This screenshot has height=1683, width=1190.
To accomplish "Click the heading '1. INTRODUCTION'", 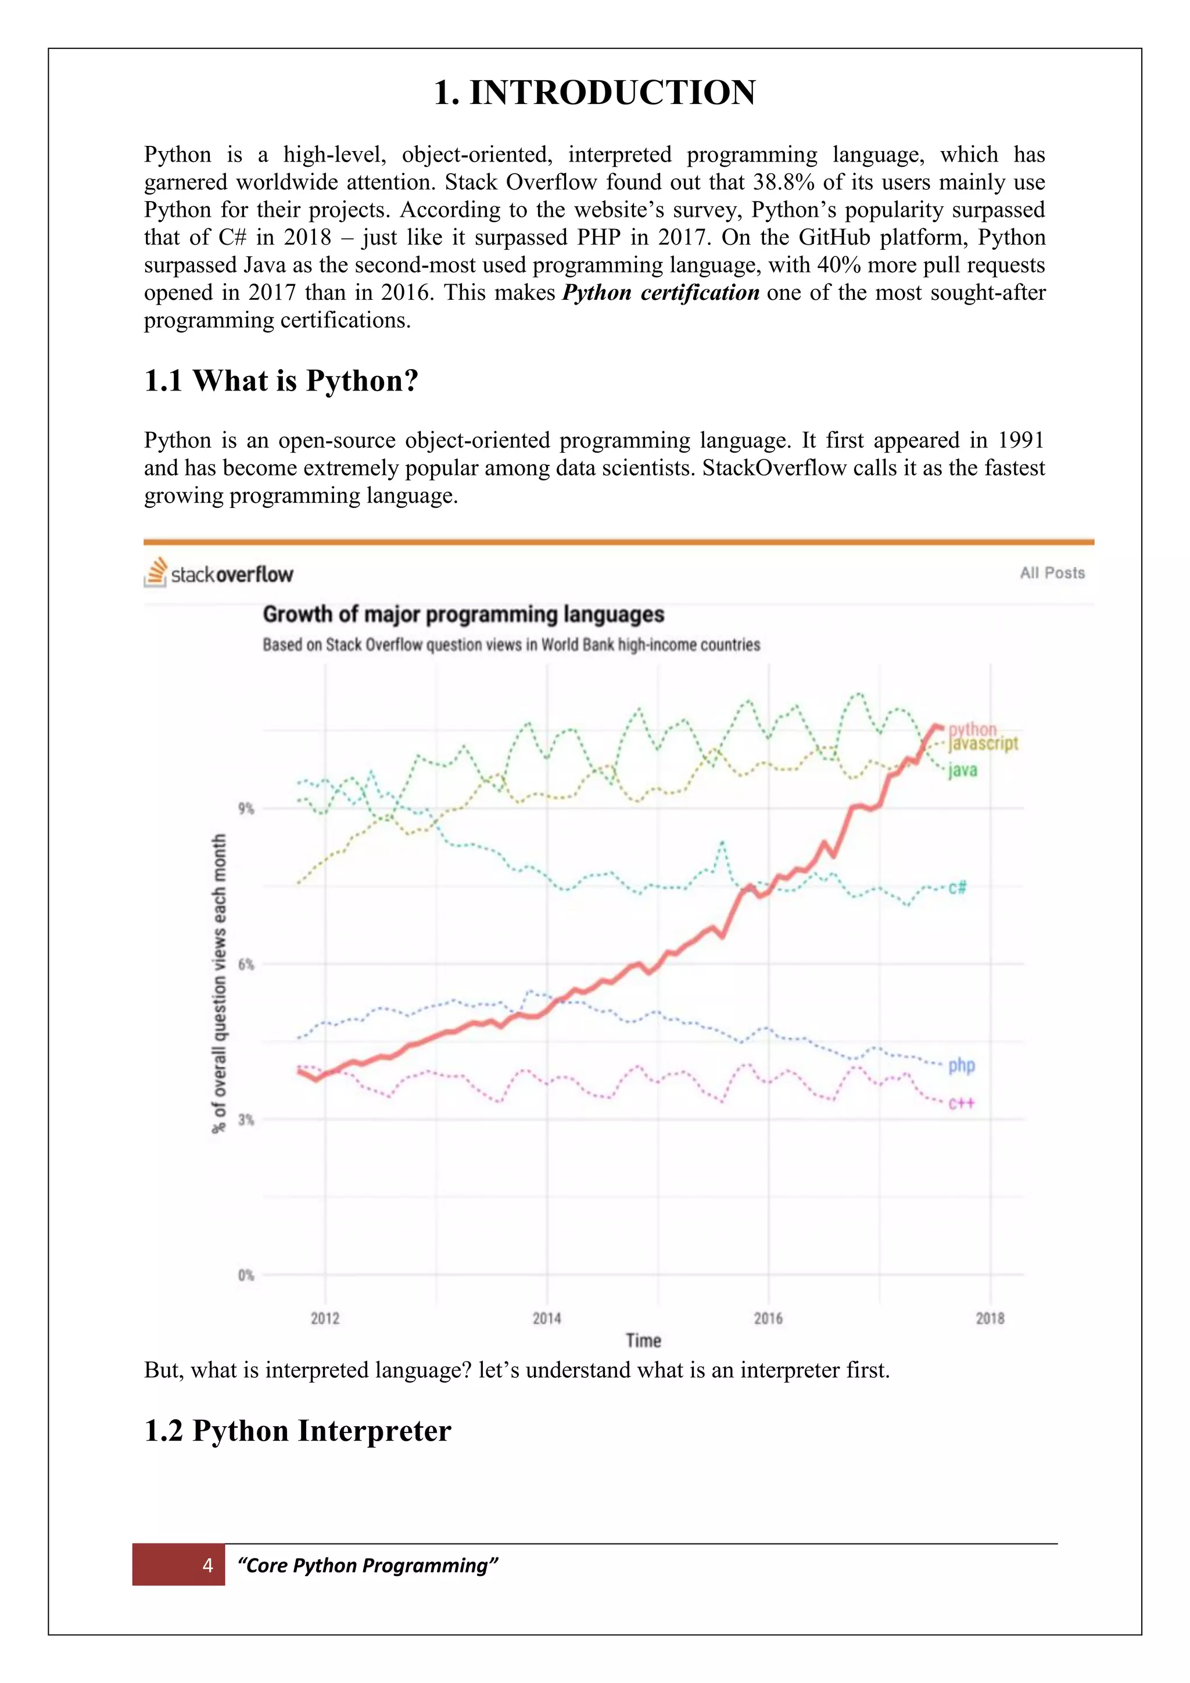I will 594,93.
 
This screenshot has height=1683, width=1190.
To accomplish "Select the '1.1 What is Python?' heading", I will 281,381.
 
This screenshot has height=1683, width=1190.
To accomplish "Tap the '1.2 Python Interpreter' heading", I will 297,1431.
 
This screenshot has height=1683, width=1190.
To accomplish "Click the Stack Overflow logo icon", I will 155,572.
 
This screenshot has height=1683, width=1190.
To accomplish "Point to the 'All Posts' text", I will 1052,573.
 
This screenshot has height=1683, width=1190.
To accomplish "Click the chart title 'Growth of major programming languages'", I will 463,614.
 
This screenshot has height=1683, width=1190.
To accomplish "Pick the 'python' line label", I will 972,729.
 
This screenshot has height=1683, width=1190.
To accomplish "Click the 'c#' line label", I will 957,887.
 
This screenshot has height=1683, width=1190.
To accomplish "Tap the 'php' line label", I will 962,1065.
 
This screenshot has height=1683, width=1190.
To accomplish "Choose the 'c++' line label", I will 962,1103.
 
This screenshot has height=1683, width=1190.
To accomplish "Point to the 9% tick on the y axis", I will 245,808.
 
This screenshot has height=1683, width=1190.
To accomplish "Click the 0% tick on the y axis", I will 245,1276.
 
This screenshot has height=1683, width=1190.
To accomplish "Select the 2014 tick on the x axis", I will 547,1319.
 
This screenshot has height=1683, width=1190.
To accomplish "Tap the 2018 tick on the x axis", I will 990,1319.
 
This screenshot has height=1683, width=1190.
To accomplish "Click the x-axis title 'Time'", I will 643,1341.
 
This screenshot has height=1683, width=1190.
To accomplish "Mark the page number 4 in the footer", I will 207,1566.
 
